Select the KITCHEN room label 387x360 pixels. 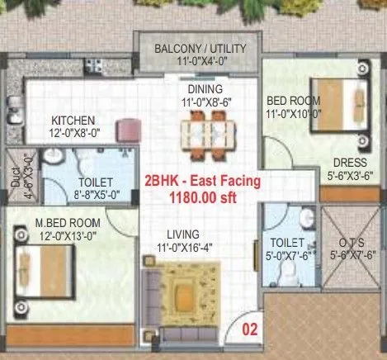(74, 120)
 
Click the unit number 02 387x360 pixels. (248, 328)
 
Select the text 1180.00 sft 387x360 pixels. (202, 197)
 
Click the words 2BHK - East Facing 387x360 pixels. (202, 180)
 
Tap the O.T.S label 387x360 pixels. (352, 242)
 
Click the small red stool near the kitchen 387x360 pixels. (129, 128)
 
